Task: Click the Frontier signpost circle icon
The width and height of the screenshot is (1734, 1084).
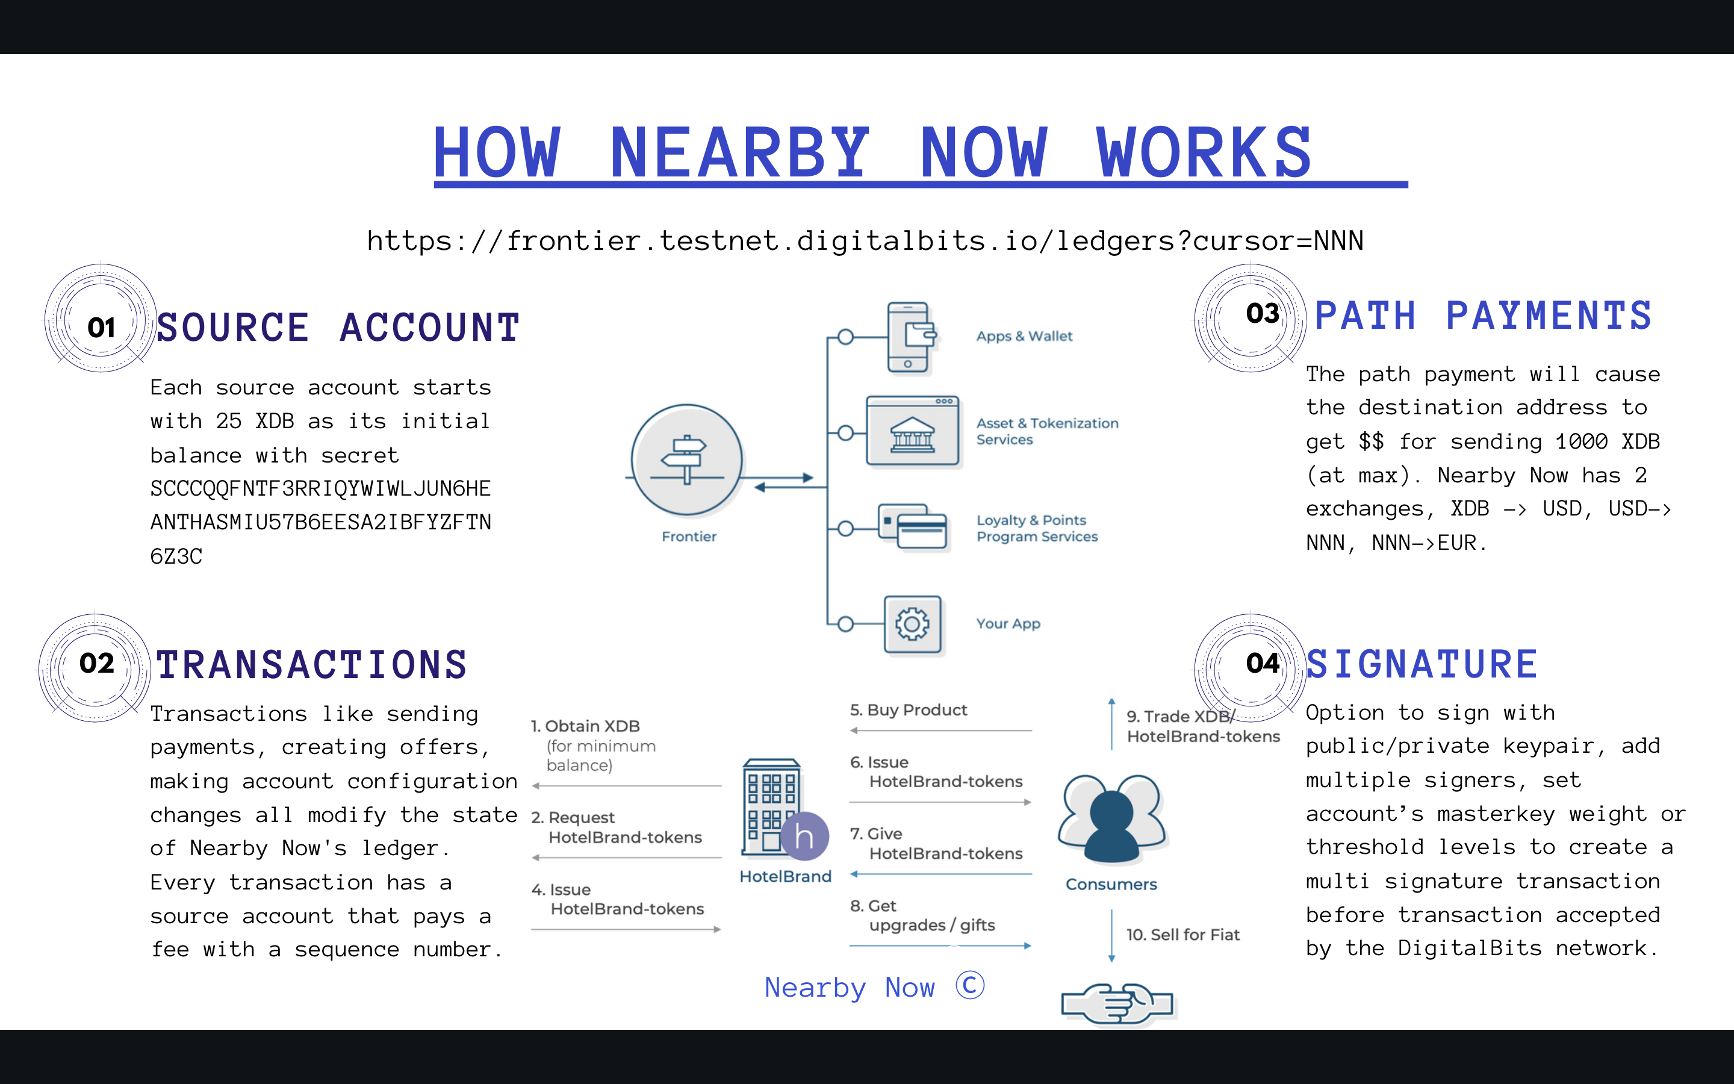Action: point(686,459)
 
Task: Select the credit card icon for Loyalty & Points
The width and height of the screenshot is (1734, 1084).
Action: point(913,528)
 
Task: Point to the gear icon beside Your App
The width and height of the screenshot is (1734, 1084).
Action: point(912,625)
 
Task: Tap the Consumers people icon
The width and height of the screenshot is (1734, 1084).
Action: point(1111,819)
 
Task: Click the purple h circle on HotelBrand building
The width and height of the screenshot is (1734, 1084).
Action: point(804,836)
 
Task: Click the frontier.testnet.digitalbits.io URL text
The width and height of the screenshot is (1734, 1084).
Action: point(865,241)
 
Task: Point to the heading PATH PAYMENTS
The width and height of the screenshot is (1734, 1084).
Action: point(1482,316)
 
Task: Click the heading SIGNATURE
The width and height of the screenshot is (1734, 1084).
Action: point(1422,664)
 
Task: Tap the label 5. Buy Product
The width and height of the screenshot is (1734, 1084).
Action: point(908,710)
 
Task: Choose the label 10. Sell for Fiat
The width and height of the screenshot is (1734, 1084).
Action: point(1182,934)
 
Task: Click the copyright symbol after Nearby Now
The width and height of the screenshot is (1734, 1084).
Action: point(970,985)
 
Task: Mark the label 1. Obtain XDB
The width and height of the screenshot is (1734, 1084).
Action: point(585,726)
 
